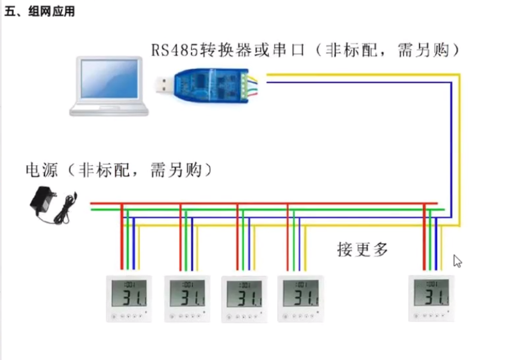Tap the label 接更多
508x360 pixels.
click(x=363, y=249)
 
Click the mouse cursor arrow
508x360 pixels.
click(x=457, y=261)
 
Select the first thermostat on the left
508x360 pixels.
click(x=129, y=298)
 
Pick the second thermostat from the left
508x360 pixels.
click(x=187, y=298)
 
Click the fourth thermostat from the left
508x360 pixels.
click(x=300, y=298)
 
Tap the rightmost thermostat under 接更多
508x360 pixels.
click(x=431, y=298)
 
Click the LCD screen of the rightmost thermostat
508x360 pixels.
click(x=431, y=292)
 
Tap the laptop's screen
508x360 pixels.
click(x=109, y=79)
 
